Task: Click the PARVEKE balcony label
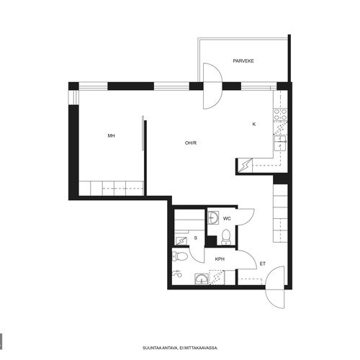click(243, 61)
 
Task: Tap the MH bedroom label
click(111, 136)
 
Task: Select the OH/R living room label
click(191, 143)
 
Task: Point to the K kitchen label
click(254, 125)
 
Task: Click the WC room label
click(227, 219)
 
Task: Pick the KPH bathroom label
click(220, 259)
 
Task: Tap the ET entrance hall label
click(263, 264)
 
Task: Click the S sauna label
click(196, 238)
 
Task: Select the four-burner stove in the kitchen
click(280, 114)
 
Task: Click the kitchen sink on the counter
click(280, 143)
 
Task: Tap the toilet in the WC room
click(226, 237)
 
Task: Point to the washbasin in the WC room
click(213, 217)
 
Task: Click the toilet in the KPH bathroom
click(180, 256)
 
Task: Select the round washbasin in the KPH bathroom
click(202, 279)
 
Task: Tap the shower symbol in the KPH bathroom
click(177, 273)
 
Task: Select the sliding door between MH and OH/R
click(143, 133)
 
